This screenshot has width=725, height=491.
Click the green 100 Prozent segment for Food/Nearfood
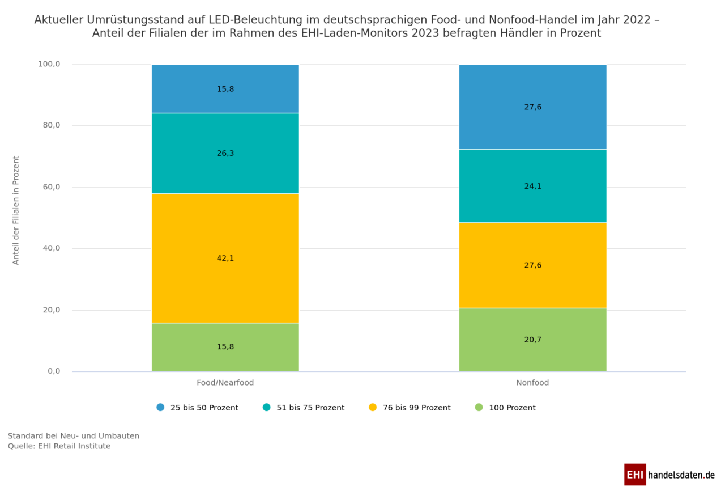click(x=225, y=347)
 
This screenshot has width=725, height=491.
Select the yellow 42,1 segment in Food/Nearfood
click(x=225, y=259)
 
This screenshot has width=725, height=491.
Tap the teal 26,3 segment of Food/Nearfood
click(x=225, y=154)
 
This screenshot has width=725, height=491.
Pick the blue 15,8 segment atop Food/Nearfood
click(x=225, y=89)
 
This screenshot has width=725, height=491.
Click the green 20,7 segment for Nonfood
click(x=532, y=340)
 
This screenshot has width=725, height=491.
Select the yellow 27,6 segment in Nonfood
click(x=532, y=265)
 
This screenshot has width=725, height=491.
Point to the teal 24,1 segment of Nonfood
click(x=532, y=186)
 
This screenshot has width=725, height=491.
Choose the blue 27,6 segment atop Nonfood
click(x=532, y=107)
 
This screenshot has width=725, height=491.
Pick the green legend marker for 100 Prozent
click(x=479, y=408)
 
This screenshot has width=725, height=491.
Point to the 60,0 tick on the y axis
click(x=50, y=187)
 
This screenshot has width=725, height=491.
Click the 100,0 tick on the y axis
click(x=49, y=65)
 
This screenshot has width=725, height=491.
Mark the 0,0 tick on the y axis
click(x=54, y=371)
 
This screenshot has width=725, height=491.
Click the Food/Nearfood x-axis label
click(x=225, y=383)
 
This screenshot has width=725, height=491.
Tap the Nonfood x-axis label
click(x=532, y=383)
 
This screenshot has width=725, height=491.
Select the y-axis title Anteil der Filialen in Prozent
click(x=16, y=210)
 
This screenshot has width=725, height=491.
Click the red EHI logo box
click(x=635, y=475)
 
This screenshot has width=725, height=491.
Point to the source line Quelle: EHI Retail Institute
click(x=59, y=446)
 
